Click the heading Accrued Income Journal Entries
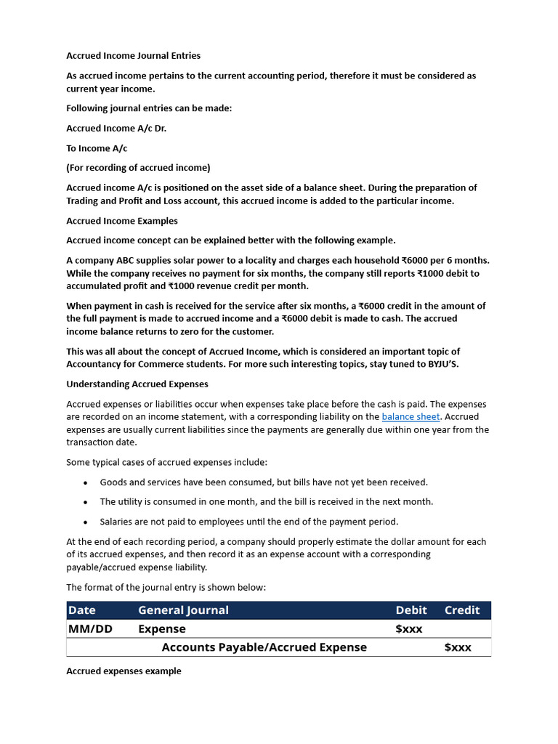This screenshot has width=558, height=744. tap(133, 55)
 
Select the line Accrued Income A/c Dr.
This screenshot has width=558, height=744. tap(111, 128)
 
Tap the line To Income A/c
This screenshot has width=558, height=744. tap(97, 148)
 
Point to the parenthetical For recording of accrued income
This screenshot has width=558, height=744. tap(138, 168)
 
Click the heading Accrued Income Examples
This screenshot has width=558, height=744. tap(122, 221)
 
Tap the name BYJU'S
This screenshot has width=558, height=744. tap(440, 364)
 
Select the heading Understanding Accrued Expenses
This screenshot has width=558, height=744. tap(137, 384)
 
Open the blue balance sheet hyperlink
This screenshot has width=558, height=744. tap(411, 417)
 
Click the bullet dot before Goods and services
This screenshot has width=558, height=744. tap(85, 482)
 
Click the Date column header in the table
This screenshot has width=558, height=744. tap(81, 610)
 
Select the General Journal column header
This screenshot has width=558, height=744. tap(183, 610)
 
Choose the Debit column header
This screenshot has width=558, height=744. tap(411, 610)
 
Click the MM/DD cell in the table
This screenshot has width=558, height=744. tap(90, 629)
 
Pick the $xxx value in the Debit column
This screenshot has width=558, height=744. tap(409, 629)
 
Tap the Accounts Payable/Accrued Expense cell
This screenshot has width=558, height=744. tap(264, 647)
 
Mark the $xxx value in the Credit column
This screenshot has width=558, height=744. tap(458, 647)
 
